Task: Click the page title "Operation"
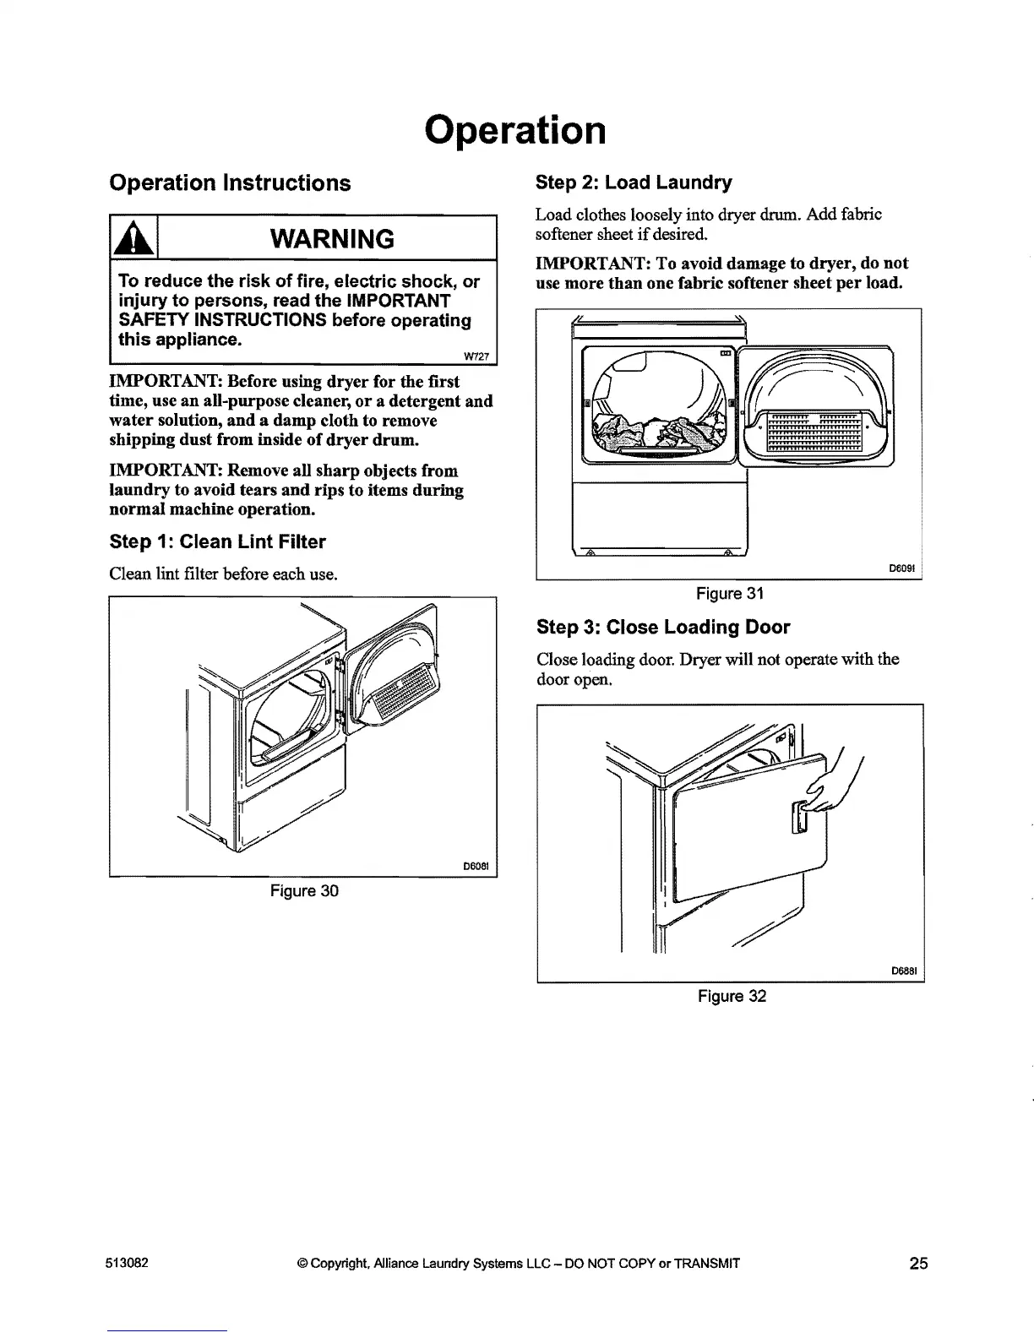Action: pyautogui.click(x=516, y=130)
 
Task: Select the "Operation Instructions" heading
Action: pyautogui.click(x=230, y=183)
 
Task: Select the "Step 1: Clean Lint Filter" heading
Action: pyautogui.click(x=217, y=541)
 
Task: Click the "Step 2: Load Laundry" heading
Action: pyautogui.click(x=634, y=182)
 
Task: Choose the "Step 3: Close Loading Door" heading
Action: pyautogui.click(x=663, y=628)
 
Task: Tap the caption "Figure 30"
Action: pyautogui.click(x=303, y=891)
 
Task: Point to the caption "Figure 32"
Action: pyautogui.click(x=732, y=997)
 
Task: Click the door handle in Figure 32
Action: pyautogui.click(x=797, y=817)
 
